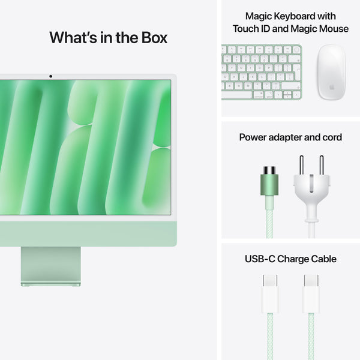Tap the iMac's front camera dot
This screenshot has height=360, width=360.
click(x=50, y=76)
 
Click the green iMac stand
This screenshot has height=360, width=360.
click(x=50, y=265)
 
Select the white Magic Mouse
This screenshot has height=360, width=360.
click(x=331, y=71)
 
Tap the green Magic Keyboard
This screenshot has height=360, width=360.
click(x=262, y=72)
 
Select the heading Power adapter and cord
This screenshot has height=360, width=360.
click(x=290, y=137)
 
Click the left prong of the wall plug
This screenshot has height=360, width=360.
click(x=302, y=164)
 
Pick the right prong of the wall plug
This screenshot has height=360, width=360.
click(x=321, y=164)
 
